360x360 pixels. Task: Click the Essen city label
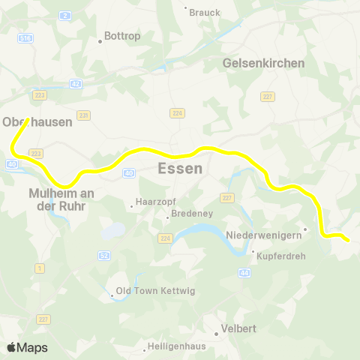click(x=180, y=169)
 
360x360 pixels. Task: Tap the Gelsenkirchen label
click(x=264, y=63)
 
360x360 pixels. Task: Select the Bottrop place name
click(x=121, y=35)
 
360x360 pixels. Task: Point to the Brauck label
click(x=205, y=12)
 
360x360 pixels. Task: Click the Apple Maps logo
click(x=27, y=347)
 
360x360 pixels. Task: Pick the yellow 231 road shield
click(x=83, y=115)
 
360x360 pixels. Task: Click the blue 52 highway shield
click(x=103, y=256)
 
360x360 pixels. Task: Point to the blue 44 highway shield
click(x=245, y=273)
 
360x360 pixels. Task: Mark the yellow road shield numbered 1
click(x=39, y=268)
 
